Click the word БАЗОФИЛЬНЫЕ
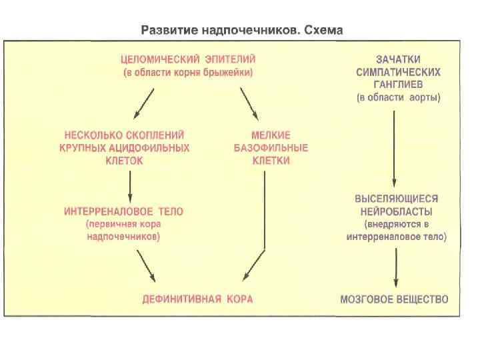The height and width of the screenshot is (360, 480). [271, 148]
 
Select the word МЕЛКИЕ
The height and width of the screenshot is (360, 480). [271, 135]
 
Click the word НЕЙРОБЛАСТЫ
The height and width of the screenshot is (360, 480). [397, 211]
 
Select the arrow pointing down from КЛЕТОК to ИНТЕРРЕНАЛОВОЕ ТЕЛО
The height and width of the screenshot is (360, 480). [129, 181]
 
